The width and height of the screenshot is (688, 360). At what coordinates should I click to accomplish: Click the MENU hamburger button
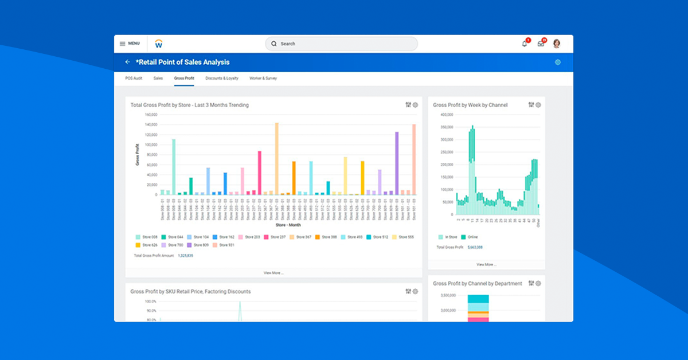tap(129, 44)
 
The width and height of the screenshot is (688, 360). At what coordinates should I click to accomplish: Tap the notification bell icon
tap(524, 44)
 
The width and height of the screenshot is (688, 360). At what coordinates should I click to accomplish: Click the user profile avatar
tap(556, 44)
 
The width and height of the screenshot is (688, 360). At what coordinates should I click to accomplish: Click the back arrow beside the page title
tap(127, 62)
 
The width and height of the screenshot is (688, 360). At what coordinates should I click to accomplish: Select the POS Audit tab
tap(134, 78)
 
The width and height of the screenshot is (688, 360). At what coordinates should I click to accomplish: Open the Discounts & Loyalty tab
tap(222, 78)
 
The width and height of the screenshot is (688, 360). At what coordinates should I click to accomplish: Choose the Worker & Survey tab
tap(263, 78)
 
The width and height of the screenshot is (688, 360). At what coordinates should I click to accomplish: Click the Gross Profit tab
tap(184, 78)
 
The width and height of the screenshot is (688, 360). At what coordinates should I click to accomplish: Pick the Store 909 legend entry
tap(200, 245)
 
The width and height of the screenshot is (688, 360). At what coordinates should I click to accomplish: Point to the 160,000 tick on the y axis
tap(150, 114)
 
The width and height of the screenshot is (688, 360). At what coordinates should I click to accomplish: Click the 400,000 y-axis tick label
tap(447, 114)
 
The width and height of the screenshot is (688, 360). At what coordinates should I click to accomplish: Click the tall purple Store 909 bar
tap(396, 163)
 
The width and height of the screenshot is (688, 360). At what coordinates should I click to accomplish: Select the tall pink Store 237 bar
tap(260, 173)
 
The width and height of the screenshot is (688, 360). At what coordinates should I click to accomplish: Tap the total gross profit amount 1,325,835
tap(185, 255)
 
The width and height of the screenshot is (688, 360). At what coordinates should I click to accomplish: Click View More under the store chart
tap(273, 273)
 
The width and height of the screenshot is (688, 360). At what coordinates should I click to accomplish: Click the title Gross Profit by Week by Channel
tap(470, 105)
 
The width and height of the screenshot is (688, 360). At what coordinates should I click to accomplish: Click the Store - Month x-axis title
tap(288, 225)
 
